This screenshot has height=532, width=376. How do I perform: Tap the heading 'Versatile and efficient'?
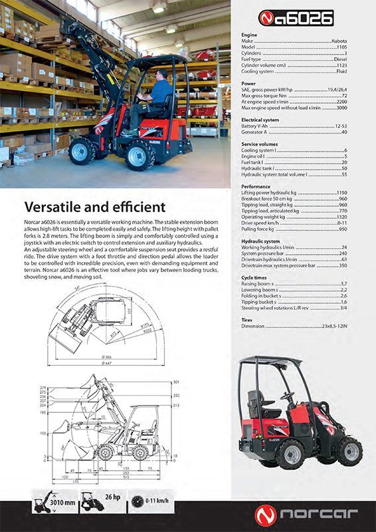tap(95, 207)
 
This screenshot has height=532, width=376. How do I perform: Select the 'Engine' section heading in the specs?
tap(249, 34)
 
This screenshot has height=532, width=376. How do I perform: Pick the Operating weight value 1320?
tap(341, 217)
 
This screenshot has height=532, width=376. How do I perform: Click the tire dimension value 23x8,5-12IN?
tap(334, 327)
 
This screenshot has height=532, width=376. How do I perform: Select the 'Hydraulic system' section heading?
tap(261, 241)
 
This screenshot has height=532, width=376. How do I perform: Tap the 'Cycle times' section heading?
tap(254, 277)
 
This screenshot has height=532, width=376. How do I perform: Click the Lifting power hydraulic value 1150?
tap(341, 192)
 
